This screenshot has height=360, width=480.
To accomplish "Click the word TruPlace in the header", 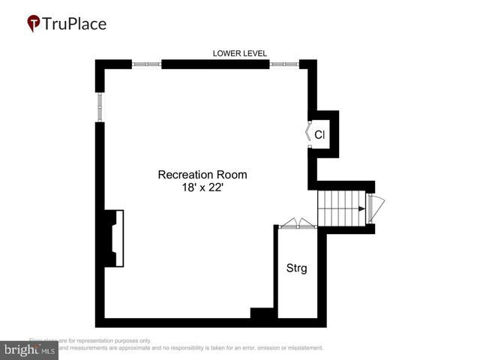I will (75, 24).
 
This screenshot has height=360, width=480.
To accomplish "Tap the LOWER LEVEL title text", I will (240, 53).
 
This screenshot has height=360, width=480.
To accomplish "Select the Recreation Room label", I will (202, 175).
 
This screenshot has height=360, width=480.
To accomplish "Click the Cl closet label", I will (319, 135).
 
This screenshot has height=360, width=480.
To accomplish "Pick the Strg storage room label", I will (297, 268).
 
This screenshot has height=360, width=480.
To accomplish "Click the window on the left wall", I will (100, 106).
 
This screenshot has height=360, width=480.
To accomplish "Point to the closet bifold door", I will (307, 133).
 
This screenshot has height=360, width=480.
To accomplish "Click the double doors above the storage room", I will (298, 223).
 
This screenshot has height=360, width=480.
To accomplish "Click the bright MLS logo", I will (30, 349).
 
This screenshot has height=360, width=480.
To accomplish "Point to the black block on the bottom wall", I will (262, 315).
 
